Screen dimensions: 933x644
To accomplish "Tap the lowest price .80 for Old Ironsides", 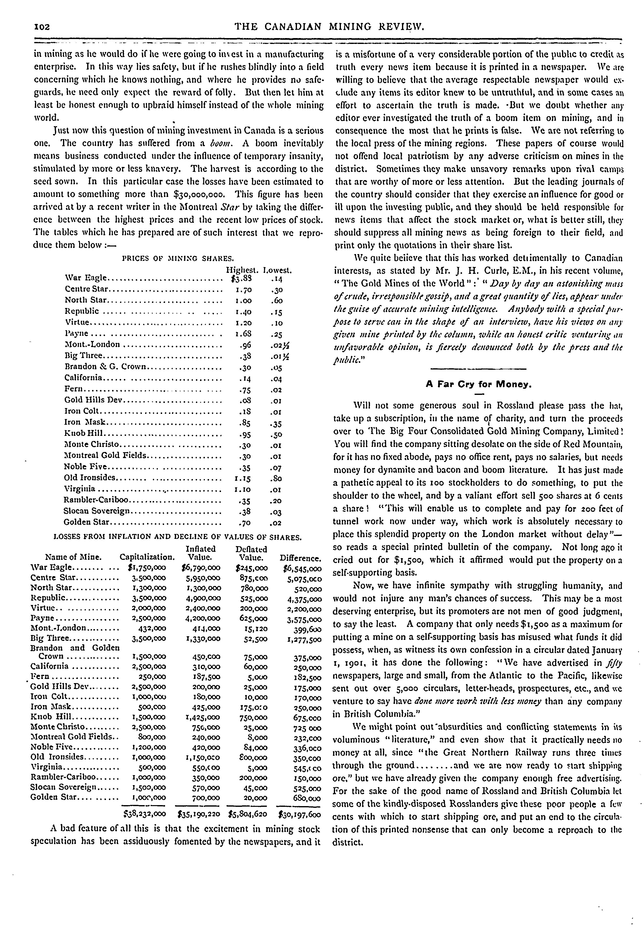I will [276, 479].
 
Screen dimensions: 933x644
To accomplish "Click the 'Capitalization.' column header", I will [147, 558].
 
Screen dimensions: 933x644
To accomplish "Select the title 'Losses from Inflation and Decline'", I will [178, 537].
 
